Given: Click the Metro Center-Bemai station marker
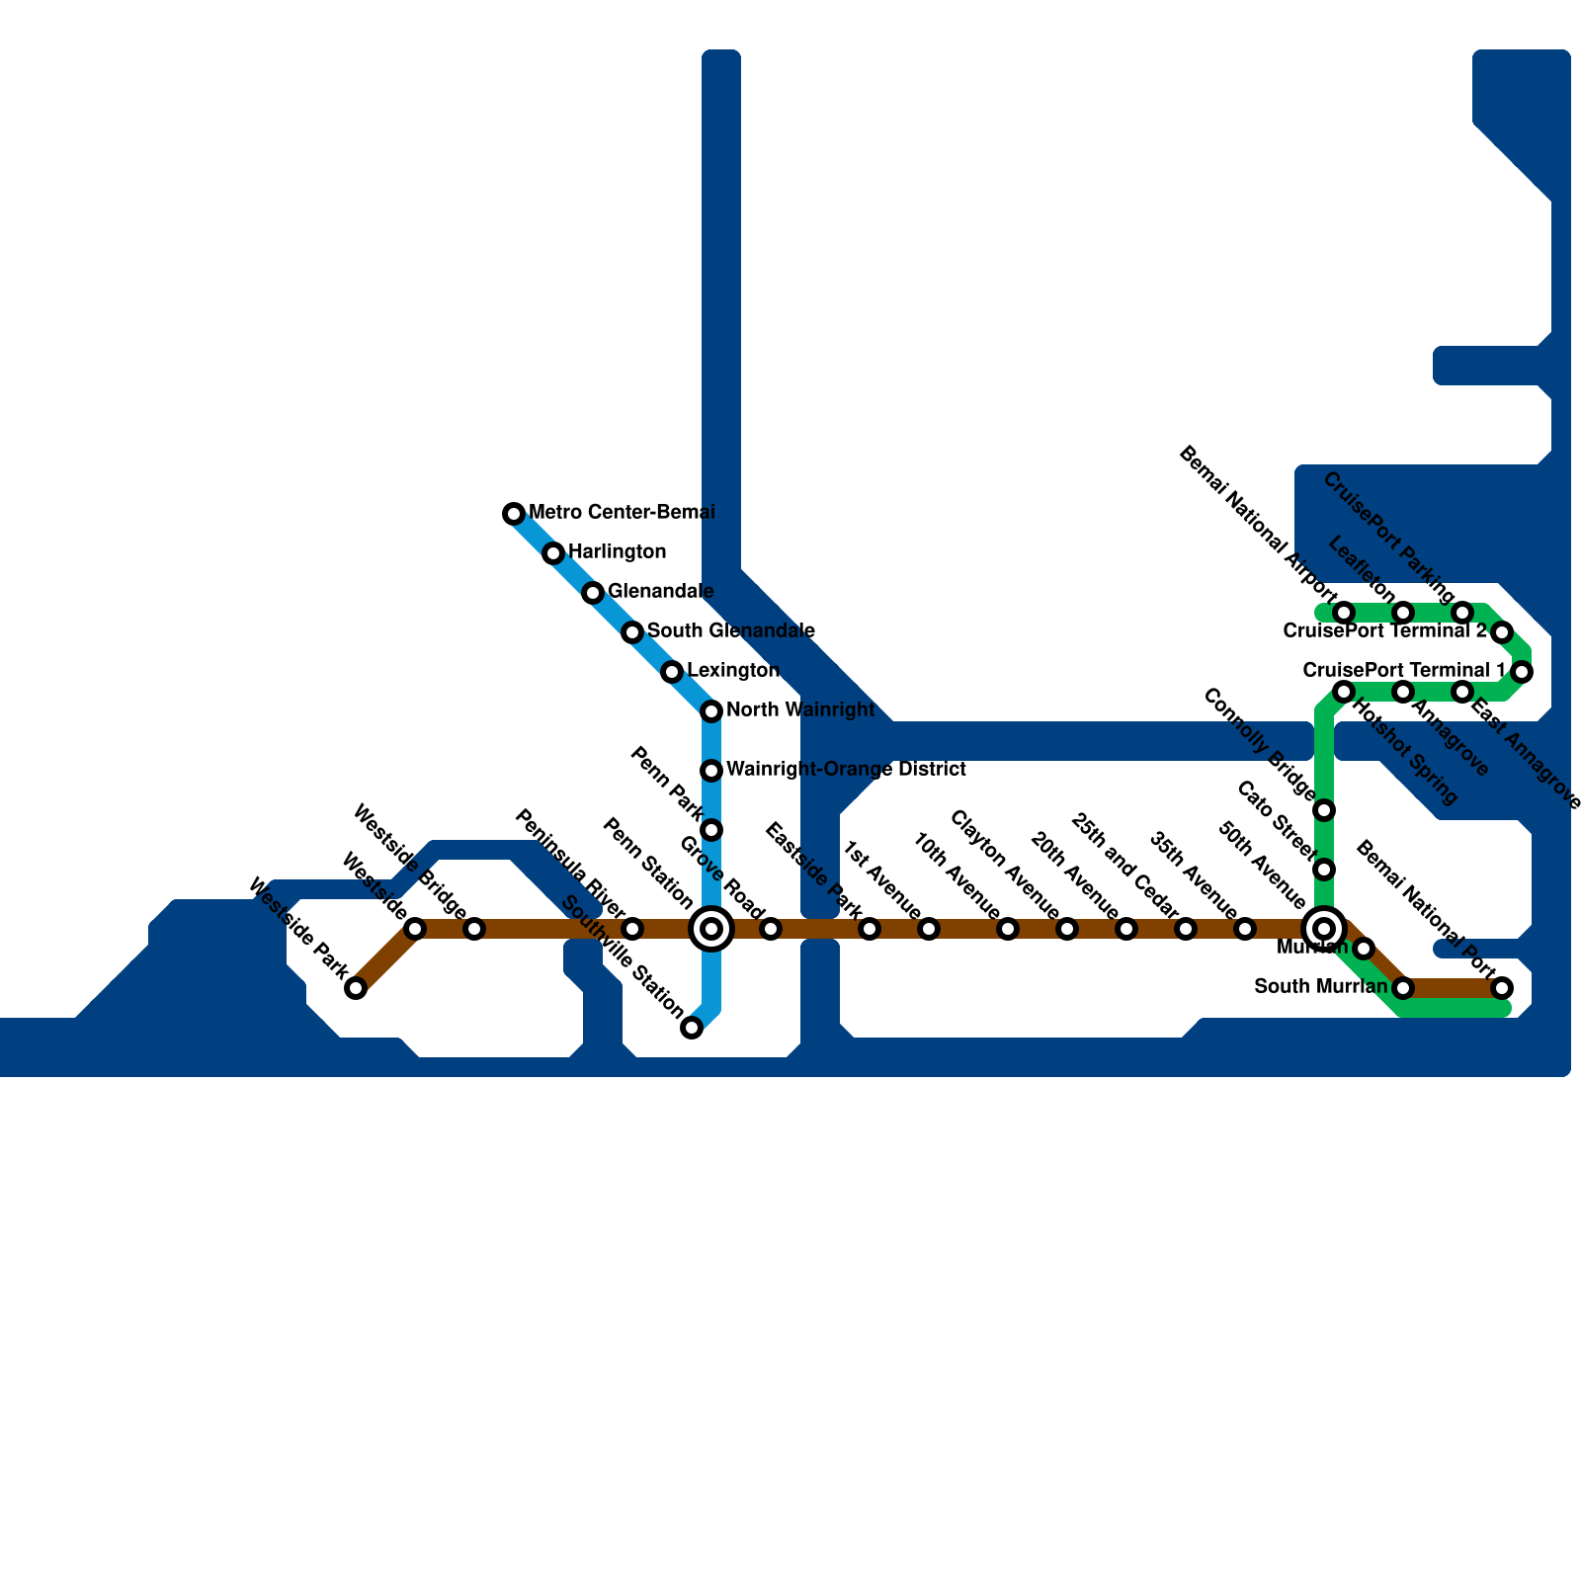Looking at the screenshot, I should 513,513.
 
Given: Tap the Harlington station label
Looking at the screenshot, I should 617,551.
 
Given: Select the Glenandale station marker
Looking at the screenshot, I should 593,593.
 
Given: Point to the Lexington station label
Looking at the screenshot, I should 732,671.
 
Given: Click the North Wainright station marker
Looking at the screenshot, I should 711,711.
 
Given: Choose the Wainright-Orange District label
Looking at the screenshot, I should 846,769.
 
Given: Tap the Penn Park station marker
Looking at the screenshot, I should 711,830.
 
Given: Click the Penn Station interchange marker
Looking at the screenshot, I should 711,929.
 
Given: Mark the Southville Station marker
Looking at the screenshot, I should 693,1028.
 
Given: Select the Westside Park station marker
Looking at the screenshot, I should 356,988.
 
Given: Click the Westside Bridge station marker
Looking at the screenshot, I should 474,929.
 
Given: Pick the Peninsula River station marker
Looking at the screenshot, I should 632,929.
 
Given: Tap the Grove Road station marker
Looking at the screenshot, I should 771,929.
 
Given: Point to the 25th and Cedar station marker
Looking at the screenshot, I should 1126,929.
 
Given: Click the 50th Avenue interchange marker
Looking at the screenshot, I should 1324,929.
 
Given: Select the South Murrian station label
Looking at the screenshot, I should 1320,987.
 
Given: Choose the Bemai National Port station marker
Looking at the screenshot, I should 1502,987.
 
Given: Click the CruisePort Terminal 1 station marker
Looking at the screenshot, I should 1522,672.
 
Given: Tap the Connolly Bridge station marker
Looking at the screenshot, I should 1324,811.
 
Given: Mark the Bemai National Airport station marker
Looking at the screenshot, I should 1344,613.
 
